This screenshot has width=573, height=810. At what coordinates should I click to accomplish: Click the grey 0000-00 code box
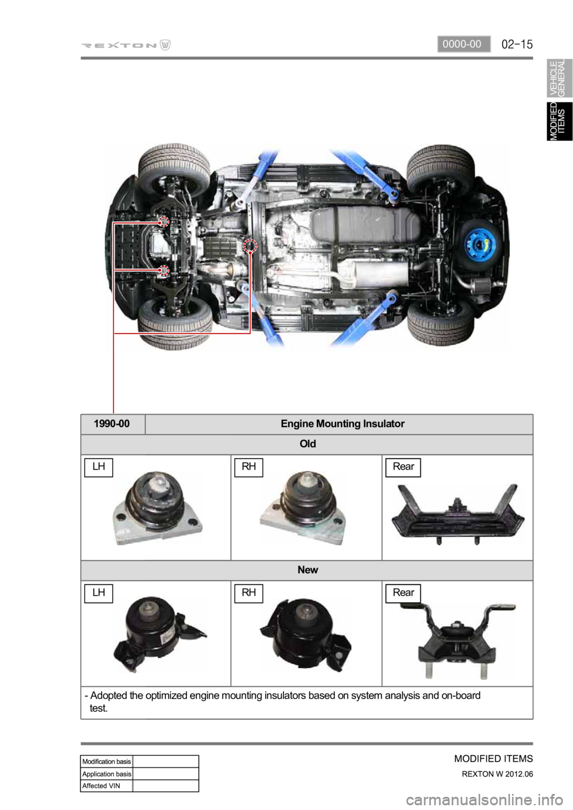click(x=463, y=44)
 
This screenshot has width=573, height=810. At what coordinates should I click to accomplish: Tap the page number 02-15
click(x=516, y=45)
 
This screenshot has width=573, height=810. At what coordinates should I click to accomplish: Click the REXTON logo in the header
click(x=125, y=45)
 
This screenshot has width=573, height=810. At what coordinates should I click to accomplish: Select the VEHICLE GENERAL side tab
click(x=559, y=78)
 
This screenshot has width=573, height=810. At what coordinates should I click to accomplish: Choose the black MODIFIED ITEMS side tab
click(x=559, y=121)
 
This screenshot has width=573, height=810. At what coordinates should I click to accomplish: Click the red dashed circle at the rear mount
click(x=250, y=246)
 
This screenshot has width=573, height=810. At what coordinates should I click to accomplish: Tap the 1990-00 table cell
click(x=112, y=424)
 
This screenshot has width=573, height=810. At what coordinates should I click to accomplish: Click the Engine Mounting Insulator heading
click(x=343, y=423)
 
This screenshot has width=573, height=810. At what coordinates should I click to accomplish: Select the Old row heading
click(x=307, y=444)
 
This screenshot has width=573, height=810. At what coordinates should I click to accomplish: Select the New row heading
click(x=307, y=570)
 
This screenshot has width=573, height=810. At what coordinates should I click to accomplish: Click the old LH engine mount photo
click(x=158, y=508)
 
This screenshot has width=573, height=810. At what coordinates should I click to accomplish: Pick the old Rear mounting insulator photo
click(x=458, y=514)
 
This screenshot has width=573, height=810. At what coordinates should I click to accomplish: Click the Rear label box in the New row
click(x=403, y=593)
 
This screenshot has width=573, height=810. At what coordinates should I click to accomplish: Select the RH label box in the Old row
click(x=248, y=467)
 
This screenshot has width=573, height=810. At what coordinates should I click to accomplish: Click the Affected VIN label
click(x=101, y=786)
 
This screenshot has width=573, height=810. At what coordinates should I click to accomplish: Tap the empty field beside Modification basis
click(x=166, y=761)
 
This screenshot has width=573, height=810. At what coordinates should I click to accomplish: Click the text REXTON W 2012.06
click(x=497, y=774)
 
